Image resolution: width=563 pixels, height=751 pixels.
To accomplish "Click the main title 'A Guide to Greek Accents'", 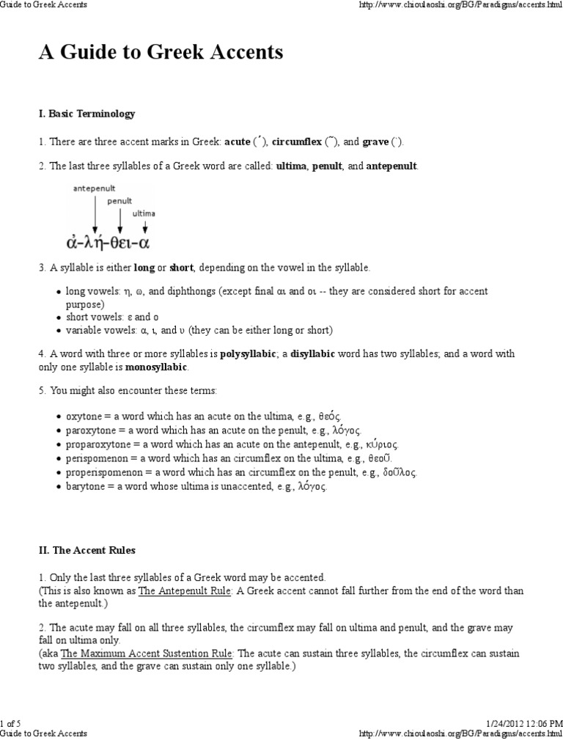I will (161, 53).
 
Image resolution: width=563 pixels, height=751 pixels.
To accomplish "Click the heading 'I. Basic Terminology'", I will (87, 114).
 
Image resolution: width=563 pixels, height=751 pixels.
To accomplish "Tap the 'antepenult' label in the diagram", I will (94, 188).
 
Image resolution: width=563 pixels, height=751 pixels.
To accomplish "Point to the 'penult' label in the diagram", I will (119, 200).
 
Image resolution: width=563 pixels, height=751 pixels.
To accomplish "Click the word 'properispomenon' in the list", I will (100, 472).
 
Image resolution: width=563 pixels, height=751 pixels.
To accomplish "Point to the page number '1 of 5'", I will (12, 724).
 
